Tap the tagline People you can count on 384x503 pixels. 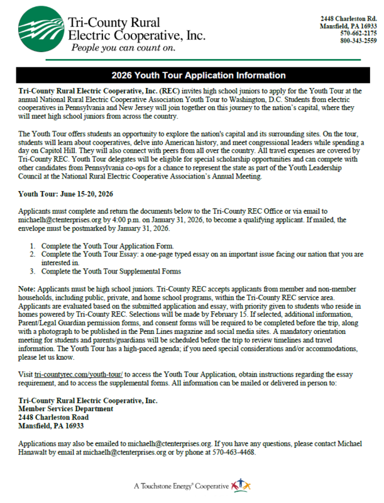point(123,47)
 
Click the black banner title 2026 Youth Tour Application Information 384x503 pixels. point(192,75)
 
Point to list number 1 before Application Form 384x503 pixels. point(32,245)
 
